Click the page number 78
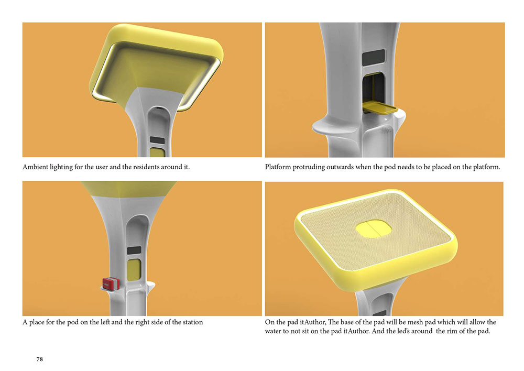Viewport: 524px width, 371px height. [x=39, y=359]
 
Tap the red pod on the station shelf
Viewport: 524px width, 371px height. [x=111, y=283]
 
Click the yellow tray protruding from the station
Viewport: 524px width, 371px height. [x=379, y=108]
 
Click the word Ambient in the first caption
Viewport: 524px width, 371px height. [x=35, y=167]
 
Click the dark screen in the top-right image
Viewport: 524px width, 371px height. [x=374, y=58]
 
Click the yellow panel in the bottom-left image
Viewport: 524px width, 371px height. [x=134, y=270]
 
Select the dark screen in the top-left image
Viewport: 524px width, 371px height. [x=157, y=140]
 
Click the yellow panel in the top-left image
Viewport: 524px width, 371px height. [x=157, y=152]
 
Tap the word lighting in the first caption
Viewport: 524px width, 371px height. [x=61, y=167]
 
